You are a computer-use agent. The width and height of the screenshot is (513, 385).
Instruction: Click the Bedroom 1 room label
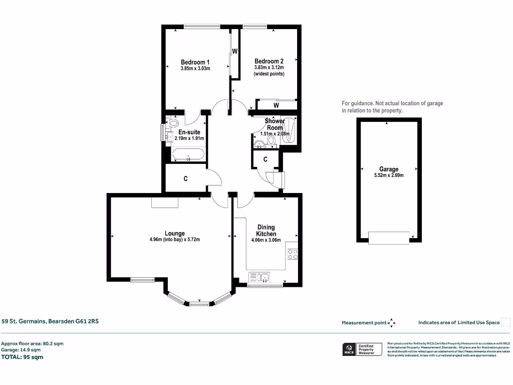coord(195,62)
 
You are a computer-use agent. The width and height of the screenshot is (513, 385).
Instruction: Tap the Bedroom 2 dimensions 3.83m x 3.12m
coord(269,68)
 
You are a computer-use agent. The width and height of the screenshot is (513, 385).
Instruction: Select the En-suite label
coord(189,132)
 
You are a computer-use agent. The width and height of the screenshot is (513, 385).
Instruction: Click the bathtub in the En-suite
coord(188,154)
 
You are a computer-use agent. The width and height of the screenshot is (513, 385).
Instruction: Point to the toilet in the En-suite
coord(173,122)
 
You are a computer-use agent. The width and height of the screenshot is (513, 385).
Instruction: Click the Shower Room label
coord(275,124)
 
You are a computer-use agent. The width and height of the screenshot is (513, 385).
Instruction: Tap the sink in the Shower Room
coord(260,145)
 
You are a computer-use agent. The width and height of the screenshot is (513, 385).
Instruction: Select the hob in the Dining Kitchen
coord(292,254)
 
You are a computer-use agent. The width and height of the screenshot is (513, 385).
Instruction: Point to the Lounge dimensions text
coord(174,240)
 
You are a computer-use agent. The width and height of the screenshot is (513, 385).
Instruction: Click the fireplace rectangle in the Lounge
coord(165,202)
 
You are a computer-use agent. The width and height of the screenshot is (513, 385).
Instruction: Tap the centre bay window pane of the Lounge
coord(199,303)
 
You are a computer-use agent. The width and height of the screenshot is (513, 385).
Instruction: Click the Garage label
coord(388,169)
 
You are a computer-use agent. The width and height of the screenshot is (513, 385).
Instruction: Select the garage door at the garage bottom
coord(389,237)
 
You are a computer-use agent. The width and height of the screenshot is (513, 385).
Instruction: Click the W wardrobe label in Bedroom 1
coord(234,52)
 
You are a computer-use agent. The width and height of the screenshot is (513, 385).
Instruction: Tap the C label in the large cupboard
coord(185,178)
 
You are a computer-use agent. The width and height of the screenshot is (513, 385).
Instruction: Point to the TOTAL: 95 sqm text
coord(23,357)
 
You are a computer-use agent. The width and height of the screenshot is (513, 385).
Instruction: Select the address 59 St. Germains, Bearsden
coord(50,321)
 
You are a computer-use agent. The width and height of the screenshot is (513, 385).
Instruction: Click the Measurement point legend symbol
coord(392,323)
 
